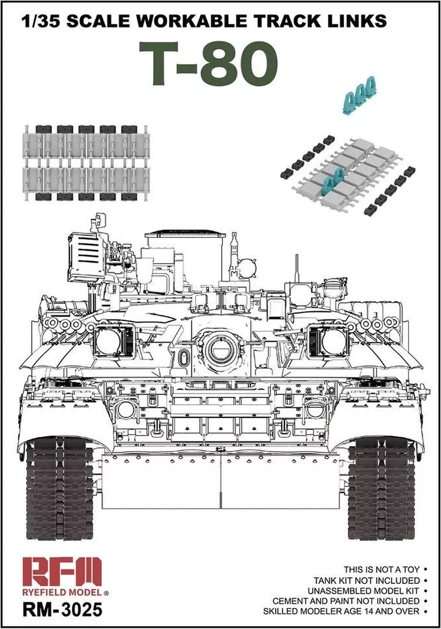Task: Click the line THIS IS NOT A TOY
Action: [x=383, y=569]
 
